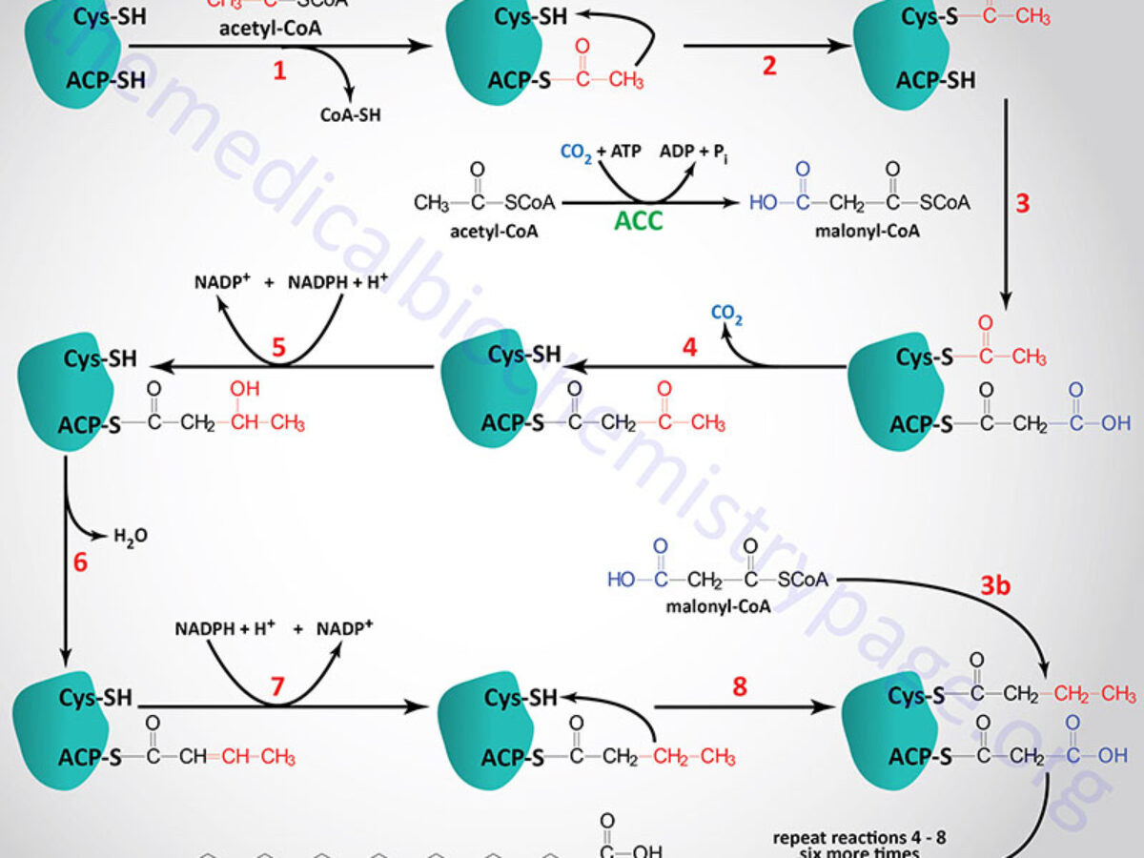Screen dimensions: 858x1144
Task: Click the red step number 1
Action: click(x=279, y=70)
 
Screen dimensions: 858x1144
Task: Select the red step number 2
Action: click(x=768, y=66)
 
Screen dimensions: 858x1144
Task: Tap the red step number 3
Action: click(x=1023, y=203)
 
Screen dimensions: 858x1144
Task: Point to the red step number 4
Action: click(x=689, y=347)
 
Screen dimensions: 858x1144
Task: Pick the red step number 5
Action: click(x=278, y=347)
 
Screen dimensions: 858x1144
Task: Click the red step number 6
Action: click(x=80, y=562)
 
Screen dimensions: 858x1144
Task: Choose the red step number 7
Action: click(x=277, y=687)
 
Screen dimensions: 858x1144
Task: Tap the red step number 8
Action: click(x=740, y=686)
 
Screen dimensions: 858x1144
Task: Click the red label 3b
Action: click(x=995, y=585)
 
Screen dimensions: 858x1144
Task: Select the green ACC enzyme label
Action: click(x=639, y=222)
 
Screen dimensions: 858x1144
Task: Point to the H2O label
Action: click(x=131, y=537)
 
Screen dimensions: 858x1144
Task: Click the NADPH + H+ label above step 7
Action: click(x=226, y=629)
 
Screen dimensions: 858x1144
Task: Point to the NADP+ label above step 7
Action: click(x=345, y=629)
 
